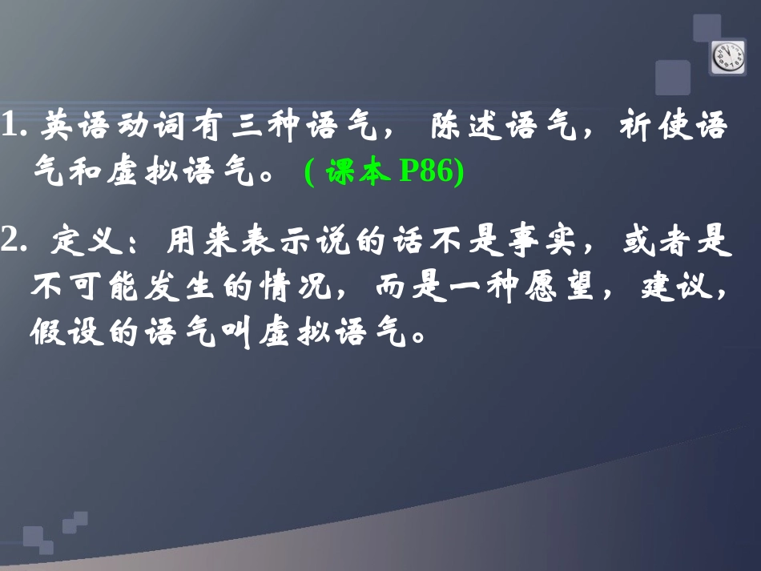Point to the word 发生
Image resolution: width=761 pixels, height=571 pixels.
pos(171,286)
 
